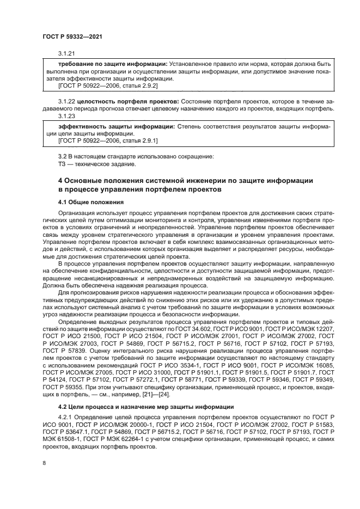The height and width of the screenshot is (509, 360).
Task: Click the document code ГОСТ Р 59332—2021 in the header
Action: pyautogui.click(x=72, y=36)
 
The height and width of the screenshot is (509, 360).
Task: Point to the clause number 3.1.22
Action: pyautogui.click(x=66, y=102)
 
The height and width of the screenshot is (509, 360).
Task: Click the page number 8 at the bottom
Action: pyautogui.click(x=44, y=463)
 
